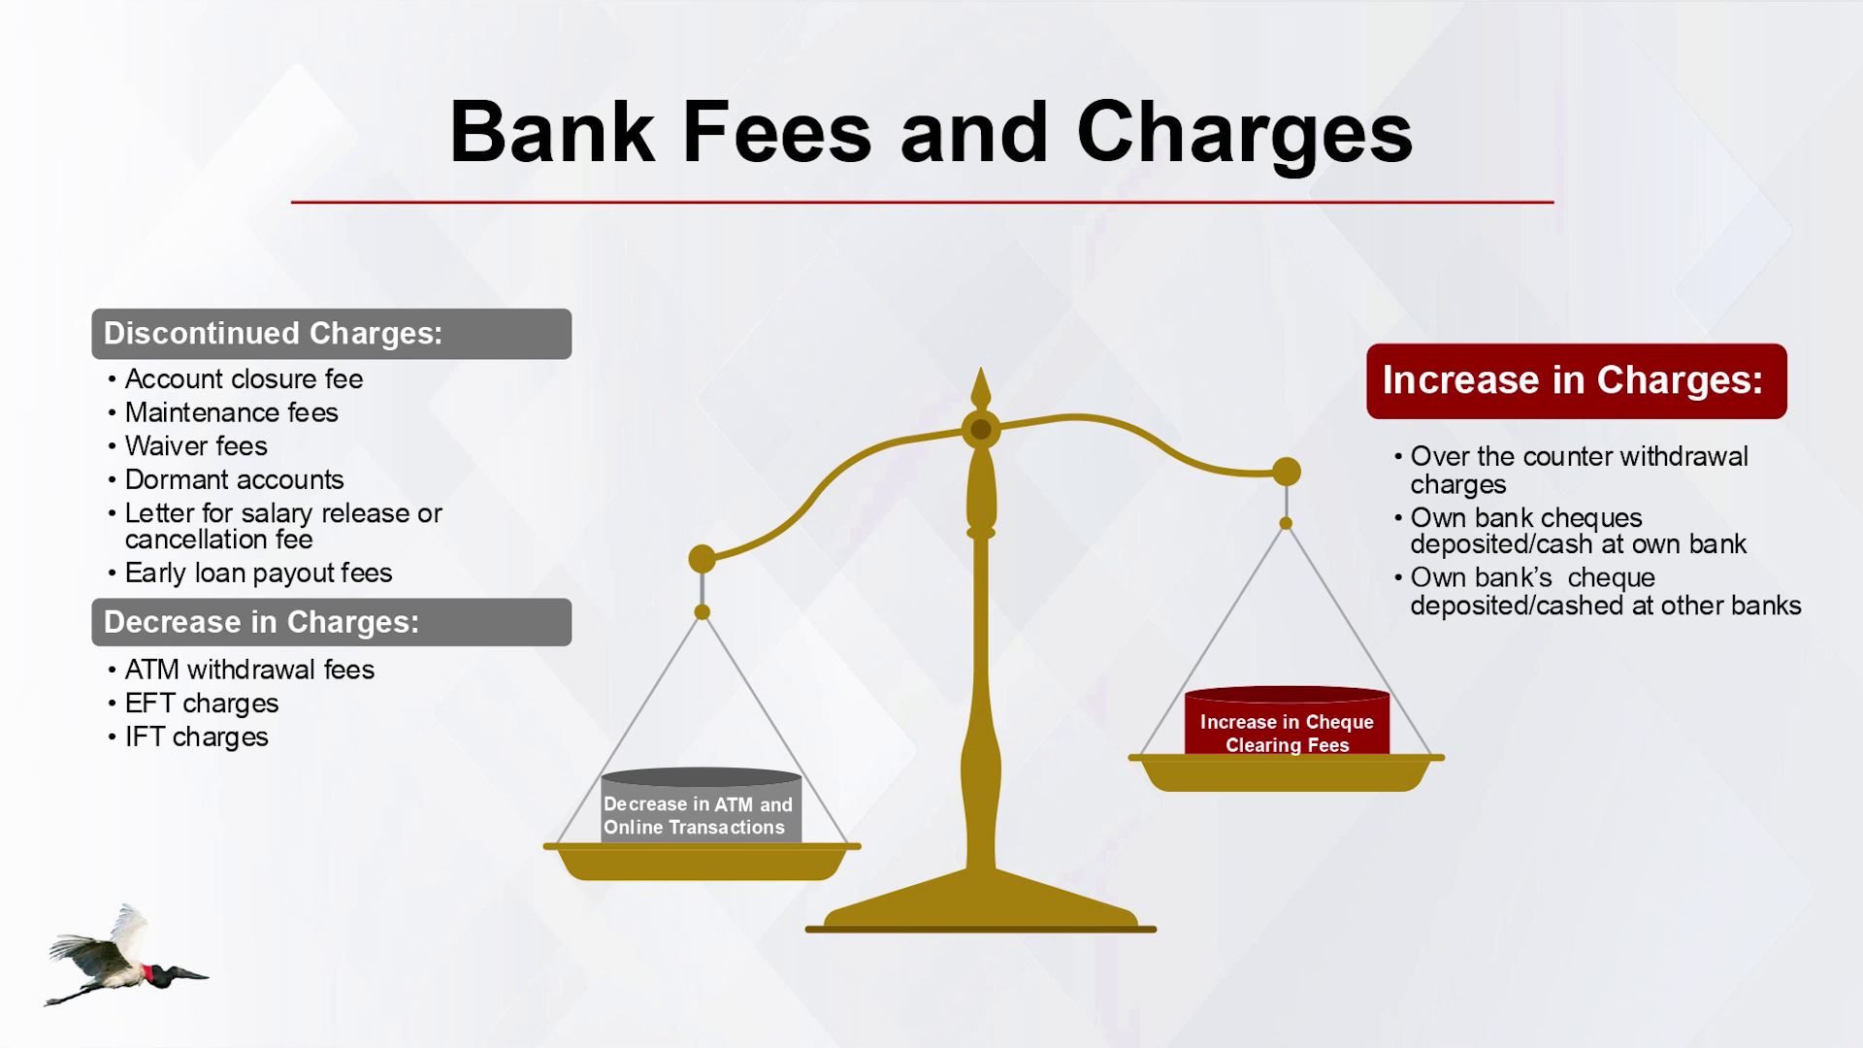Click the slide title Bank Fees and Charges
931,133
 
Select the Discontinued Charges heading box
332,334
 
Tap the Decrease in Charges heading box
332,622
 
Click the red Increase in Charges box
1577,380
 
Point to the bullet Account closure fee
244,378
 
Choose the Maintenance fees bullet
231,412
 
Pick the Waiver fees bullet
196,446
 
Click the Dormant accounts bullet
234,479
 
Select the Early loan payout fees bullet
258,573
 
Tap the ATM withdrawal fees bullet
249,670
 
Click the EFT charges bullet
202,704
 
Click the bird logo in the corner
126,957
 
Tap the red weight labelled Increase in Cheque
1287,722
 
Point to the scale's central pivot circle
981,429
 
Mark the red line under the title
922,202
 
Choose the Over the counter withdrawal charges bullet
1572,471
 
